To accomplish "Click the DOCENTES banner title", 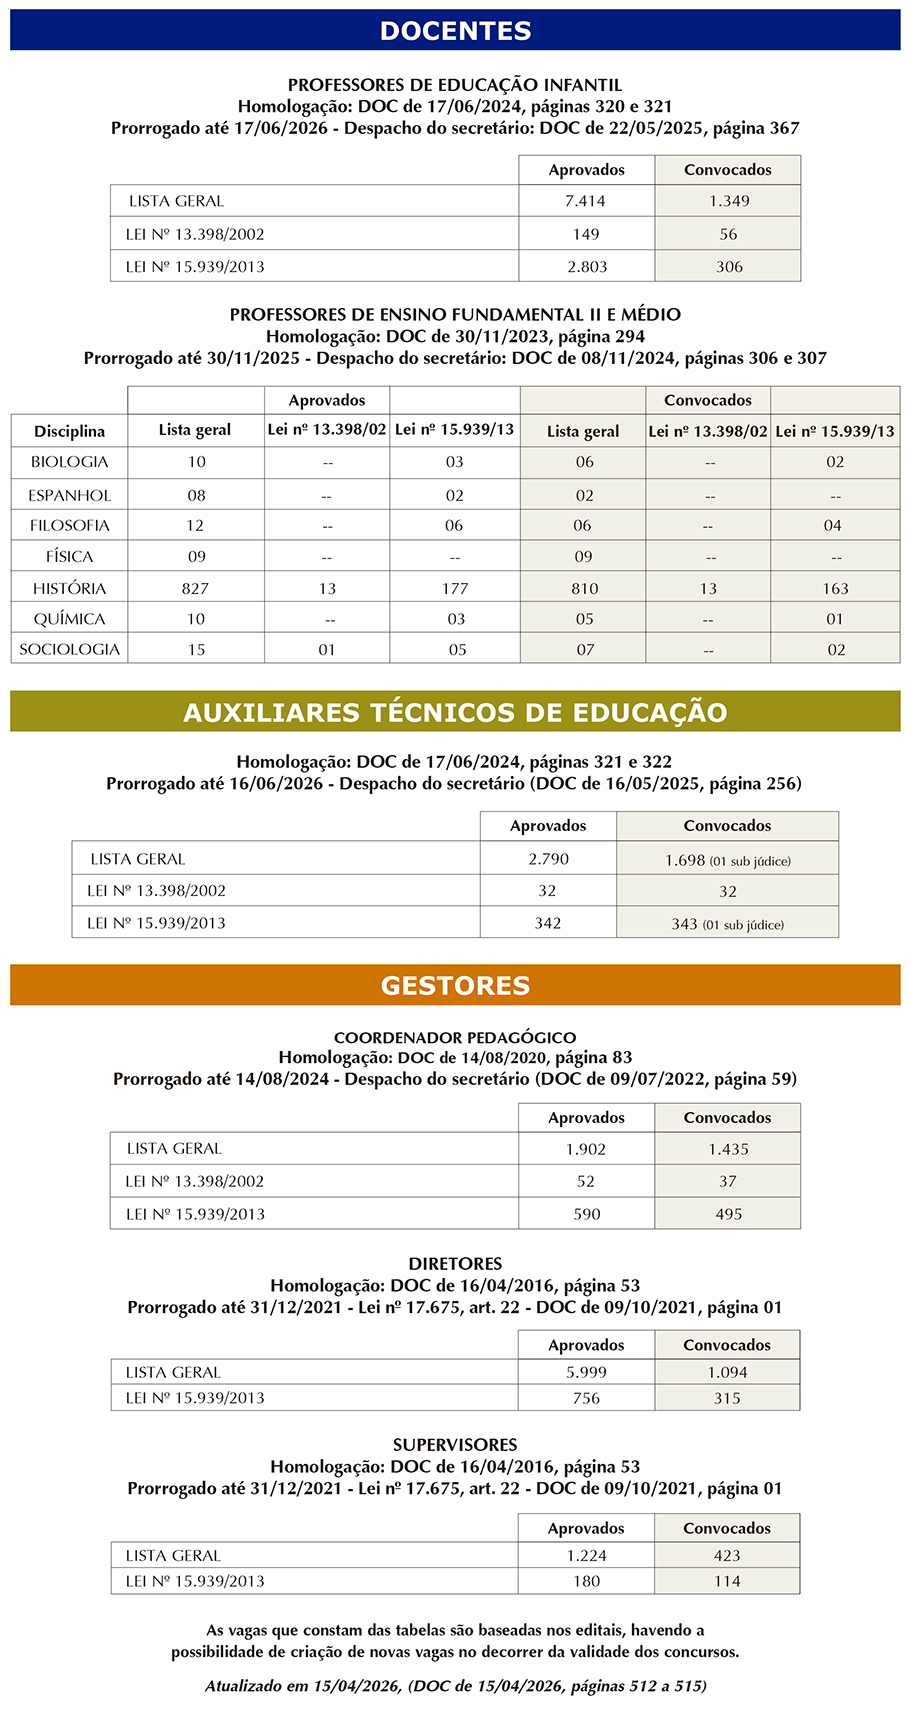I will (455, 31).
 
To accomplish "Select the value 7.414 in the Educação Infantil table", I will (585, 201).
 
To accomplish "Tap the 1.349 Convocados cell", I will (729, 201).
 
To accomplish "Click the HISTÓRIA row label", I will (69, 589).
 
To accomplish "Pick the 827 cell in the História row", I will (195, 589).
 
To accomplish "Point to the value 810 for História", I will (584, 589).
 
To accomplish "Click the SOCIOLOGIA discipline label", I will (69, 650).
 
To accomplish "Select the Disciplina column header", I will (69, 432).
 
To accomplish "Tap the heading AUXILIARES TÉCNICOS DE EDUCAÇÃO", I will (455, 713).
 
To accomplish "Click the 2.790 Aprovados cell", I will (547, 859).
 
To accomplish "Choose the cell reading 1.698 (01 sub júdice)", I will (727, 860).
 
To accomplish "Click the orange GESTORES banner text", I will (455, 986).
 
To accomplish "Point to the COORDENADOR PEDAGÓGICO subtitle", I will (455, 1038).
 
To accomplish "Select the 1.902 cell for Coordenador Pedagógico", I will (586, 1150).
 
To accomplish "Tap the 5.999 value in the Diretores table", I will (586, 1373).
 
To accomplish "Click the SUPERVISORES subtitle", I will (455, 1445).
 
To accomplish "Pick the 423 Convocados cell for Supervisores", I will (727, 1556).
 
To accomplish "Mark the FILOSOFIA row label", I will (69, 526).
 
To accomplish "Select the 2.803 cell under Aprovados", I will (586, 267).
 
